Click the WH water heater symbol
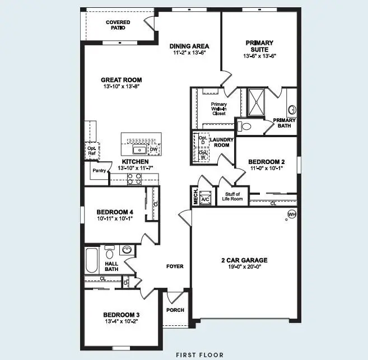click(291, 214)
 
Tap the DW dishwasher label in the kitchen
click(153, 149)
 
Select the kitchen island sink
click(138, 149)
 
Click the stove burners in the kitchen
click(135, 179)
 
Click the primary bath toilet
click(244, 126)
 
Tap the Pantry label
click(99, 170)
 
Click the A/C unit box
click(204, 199)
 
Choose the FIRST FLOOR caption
click(199, 354)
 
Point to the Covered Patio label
click(118, 25)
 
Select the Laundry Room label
click(220, 143)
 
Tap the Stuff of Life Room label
click(232, 197)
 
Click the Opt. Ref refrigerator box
click(91, 150)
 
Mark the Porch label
click(175, 310)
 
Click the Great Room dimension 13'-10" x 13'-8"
click(121, 87)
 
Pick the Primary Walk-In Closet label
click(218, 109)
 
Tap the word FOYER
click(174, 267)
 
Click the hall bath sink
click(127, 250)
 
